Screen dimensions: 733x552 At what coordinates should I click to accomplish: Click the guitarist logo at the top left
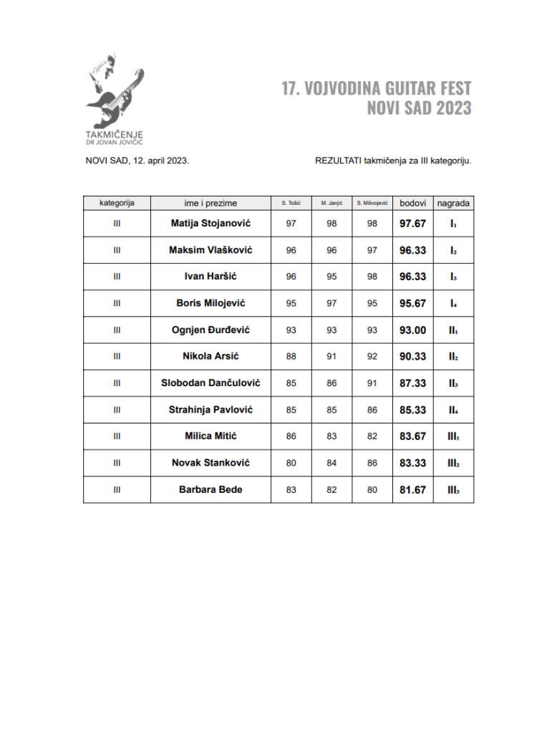(115, 90)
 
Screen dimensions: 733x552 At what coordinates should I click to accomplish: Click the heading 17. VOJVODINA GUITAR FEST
(376, 89)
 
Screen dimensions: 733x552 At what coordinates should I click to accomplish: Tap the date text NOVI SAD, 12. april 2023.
(137, 161)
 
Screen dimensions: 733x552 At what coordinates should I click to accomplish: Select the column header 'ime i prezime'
(210, 203)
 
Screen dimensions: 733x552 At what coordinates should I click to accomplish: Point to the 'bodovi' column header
(412, 203)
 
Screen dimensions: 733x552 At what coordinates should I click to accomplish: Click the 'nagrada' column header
(453, 203)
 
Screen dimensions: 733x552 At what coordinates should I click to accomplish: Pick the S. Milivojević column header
(372, 203)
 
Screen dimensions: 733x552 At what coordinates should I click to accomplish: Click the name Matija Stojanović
(210, 224)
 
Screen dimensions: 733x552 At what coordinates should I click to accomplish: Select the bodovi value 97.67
(412, 224)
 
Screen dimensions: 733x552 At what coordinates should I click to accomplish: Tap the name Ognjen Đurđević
(210, 330)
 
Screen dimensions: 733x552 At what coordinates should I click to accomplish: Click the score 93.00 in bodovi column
(412, 330)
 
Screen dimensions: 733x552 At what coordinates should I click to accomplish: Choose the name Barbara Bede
(210, 489)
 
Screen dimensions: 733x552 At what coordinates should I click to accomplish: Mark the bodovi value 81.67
(412, 489)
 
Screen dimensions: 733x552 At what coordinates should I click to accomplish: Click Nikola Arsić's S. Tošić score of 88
(291, 356)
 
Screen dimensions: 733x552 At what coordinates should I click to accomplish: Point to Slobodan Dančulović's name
(210, 383)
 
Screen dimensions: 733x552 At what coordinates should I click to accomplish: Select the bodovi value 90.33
(412, 356)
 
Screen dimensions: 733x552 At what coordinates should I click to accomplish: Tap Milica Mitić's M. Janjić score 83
(331, 436)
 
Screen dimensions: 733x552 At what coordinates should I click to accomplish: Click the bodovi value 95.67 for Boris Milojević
(412, 303)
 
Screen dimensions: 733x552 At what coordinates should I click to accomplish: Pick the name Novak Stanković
(210, 463)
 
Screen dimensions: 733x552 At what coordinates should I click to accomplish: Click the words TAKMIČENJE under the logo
(115, 133)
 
